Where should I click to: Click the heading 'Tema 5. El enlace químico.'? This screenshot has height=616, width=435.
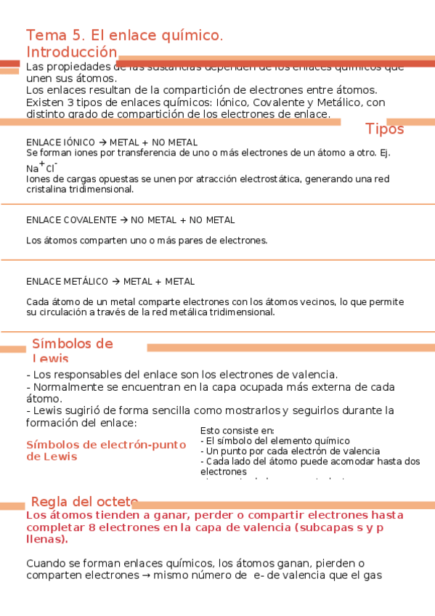124,36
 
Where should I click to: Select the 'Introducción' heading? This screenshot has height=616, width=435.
71,52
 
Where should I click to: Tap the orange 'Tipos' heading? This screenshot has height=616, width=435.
384,129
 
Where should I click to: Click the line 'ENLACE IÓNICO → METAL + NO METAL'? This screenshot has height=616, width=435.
112,142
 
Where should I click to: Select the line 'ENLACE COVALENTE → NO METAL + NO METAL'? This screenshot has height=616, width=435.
130,219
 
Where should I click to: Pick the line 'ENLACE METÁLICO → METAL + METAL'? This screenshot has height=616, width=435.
110,281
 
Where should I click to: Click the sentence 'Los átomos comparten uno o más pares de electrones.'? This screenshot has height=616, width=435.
147,240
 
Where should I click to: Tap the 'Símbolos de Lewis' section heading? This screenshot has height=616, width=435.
72,350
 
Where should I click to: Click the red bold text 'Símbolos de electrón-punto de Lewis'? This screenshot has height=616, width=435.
106,450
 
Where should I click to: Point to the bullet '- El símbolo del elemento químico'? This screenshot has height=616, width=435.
275,440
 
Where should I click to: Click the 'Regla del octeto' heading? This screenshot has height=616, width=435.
84,502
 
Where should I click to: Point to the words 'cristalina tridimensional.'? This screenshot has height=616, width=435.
80,189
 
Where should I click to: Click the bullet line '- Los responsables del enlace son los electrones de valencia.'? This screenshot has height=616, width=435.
182,374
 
